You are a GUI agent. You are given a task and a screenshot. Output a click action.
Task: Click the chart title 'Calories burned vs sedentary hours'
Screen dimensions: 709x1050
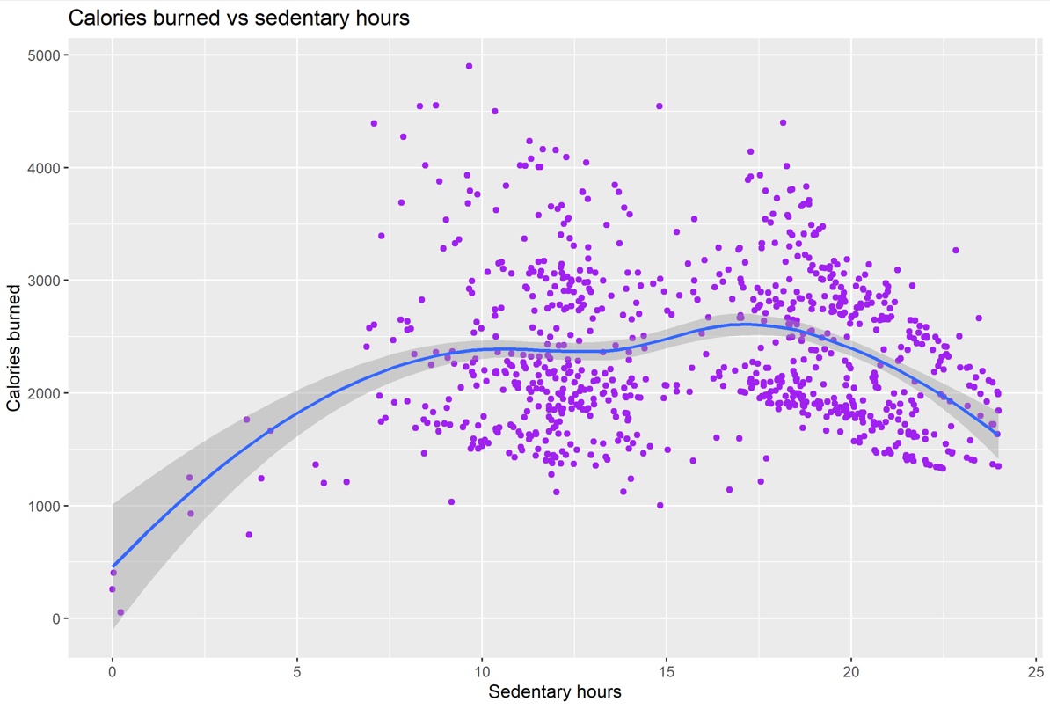pos(238,18)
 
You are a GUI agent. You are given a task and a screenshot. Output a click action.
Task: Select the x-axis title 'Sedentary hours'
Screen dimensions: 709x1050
pos(554,692)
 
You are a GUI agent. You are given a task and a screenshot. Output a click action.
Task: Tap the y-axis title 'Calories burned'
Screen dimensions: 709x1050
pos(14,347)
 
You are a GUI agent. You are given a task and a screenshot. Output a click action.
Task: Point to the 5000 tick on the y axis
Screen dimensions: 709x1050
pos(44,55)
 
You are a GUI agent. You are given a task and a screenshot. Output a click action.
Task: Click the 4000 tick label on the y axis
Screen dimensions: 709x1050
pos(44,168)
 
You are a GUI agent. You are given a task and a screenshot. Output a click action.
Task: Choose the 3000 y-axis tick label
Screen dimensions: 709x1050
pos(44,281)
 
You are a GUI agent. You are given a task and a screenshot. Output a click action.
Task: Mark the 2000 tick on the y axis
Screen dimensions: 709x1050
pos(44,393)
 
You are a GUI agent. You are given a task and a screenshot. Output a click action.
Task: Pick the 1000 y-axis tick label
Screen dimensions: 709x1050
pos(44,506)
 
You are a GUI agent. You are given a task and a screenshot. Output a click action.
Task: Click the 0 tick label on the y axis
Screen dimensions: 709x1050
pos(55,618)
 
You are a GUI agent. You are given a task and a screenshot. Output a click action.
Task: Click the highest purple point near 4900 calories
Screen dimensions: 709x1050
pos(469,66)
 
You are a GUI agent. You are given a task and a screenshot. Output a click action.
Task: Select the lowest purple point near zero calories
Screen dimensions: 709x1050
pos(120,612)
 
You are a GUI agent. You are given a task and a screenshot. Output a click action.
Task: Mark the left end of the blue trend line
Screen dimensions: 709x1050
pos(113,566)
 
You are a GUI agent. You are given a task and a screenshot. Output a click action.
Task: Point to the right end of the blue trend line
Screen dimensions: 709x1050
pos(997,434)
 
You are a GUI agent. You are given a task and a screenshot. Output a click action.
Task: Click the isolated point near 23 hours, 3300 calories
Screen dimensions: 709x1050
pos(956,251)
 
